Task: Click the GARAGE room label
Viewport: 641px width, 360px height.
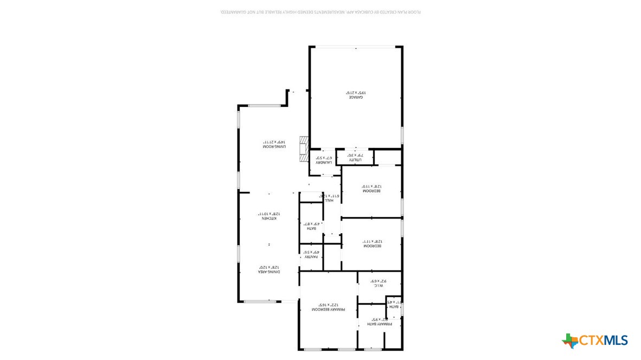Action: (x=355, y=97)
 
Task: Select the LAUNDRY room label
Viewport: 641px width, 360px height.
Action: (x=324, y=162)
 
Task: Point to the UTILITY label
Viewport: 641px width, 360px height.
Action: (x=355, y=160)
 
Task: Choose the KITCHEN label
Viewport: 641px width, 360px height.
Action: (x=269, y=218)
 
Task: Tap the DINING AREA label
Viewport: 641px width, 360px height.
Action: (x=269, y=272)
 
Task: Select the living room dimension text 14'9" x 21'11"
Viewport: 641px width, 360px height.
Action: (x=274, y=142)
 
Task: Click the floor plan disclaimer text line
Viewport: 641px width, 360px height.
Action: (x=320, y=12)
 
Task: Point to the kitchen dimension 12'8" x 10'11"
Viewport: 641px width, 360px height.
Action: (x=269, y=214)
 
